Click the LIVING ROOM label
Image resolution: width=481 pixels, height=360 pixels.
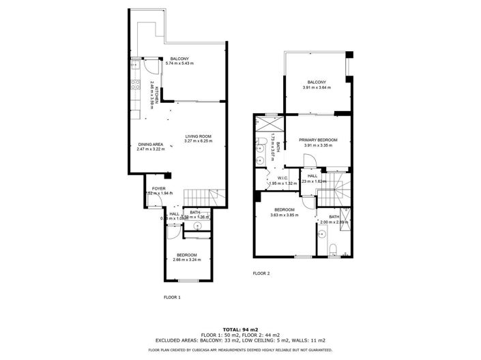[x=198, y=136]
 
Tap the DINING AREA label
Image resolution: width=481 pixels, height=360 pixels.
[x=150, y=144]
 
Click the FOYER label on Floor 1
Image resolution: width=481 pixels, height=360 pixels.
[x=158, y=187]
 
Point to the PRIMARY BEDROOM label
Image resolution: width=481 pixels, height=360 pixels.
[x=318, y=140]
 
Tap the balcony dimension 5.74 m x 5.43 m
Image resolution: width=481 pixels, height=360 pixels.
[x=181, y=63]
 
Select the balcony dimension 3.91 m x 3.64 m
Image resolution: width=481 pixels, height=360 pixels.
[x=317, y=87]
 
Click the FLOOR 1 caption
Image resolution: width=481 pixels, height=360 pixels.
[x=173, y=297]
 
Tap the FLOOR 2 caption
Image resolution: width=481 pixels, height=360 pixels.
[x=261, y=273]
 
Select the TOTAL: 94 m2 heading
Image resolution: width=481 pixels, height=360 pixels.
[x=240, y=329]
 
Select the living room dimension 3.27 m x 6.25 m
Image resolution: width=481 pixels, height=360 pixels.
[x=198, y=141]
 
